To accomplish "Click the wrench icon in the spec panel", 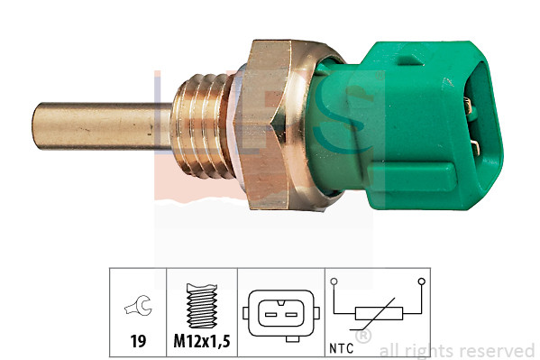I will pos(138,309).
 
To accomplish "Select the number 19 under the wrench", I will pos(138,344).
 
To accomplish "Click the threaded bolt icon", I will pos(201,308).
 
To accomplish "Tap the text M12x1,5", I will pos(201,344).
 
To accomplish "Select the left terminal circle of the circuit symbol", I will pos(334,282).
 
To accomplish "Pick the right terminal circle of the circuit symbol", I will pos(421,282).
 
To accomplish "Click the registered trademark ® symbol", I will pos(363,337).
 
